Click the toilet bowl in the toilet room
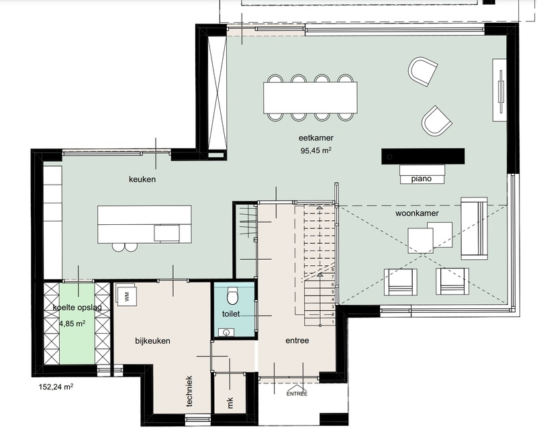232,296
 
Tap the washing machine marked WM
126,295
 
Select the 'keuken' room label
142,179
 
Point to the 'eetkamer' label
315,138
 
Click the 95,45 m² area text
315,150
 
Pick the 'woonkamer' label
417,213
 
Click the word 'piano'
422,179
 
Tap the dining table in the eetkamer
310,97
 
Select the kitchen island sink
166,233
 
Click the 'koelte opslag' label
77,307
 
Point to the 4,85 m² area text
72,323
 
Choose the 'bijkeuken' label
152,341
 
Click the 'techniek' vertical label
189,391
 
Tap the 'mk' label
230,403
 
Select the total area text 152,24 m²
56,387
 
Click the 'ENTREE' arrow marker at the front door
297,393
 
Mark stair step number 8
332,270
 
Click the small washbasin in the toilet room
226,332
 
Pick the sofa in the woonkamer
474,228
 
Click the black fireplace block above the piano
423,156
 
